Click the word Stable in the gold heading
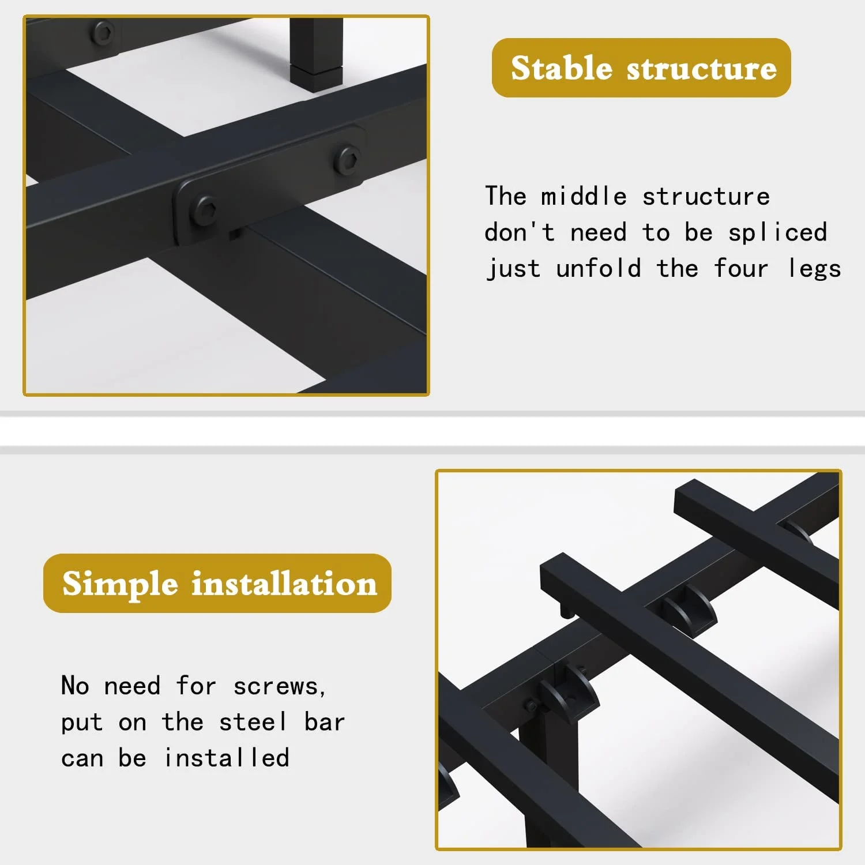pos(561,67)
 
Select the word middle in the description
pos(584,196)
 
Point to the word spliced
pos(778,233)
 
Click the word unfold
pos(599,268)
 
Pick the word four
pos(741,268)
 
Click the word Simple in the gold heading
pos(120,584)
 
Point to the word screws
pos(280,686)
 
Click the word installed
pos(227,758)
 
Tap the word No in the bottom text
pos(75,686)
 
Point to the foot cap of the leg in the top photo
pos(315,78)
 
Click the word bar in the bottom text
pos(325,722)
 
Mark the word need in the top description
pos(599,233)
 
